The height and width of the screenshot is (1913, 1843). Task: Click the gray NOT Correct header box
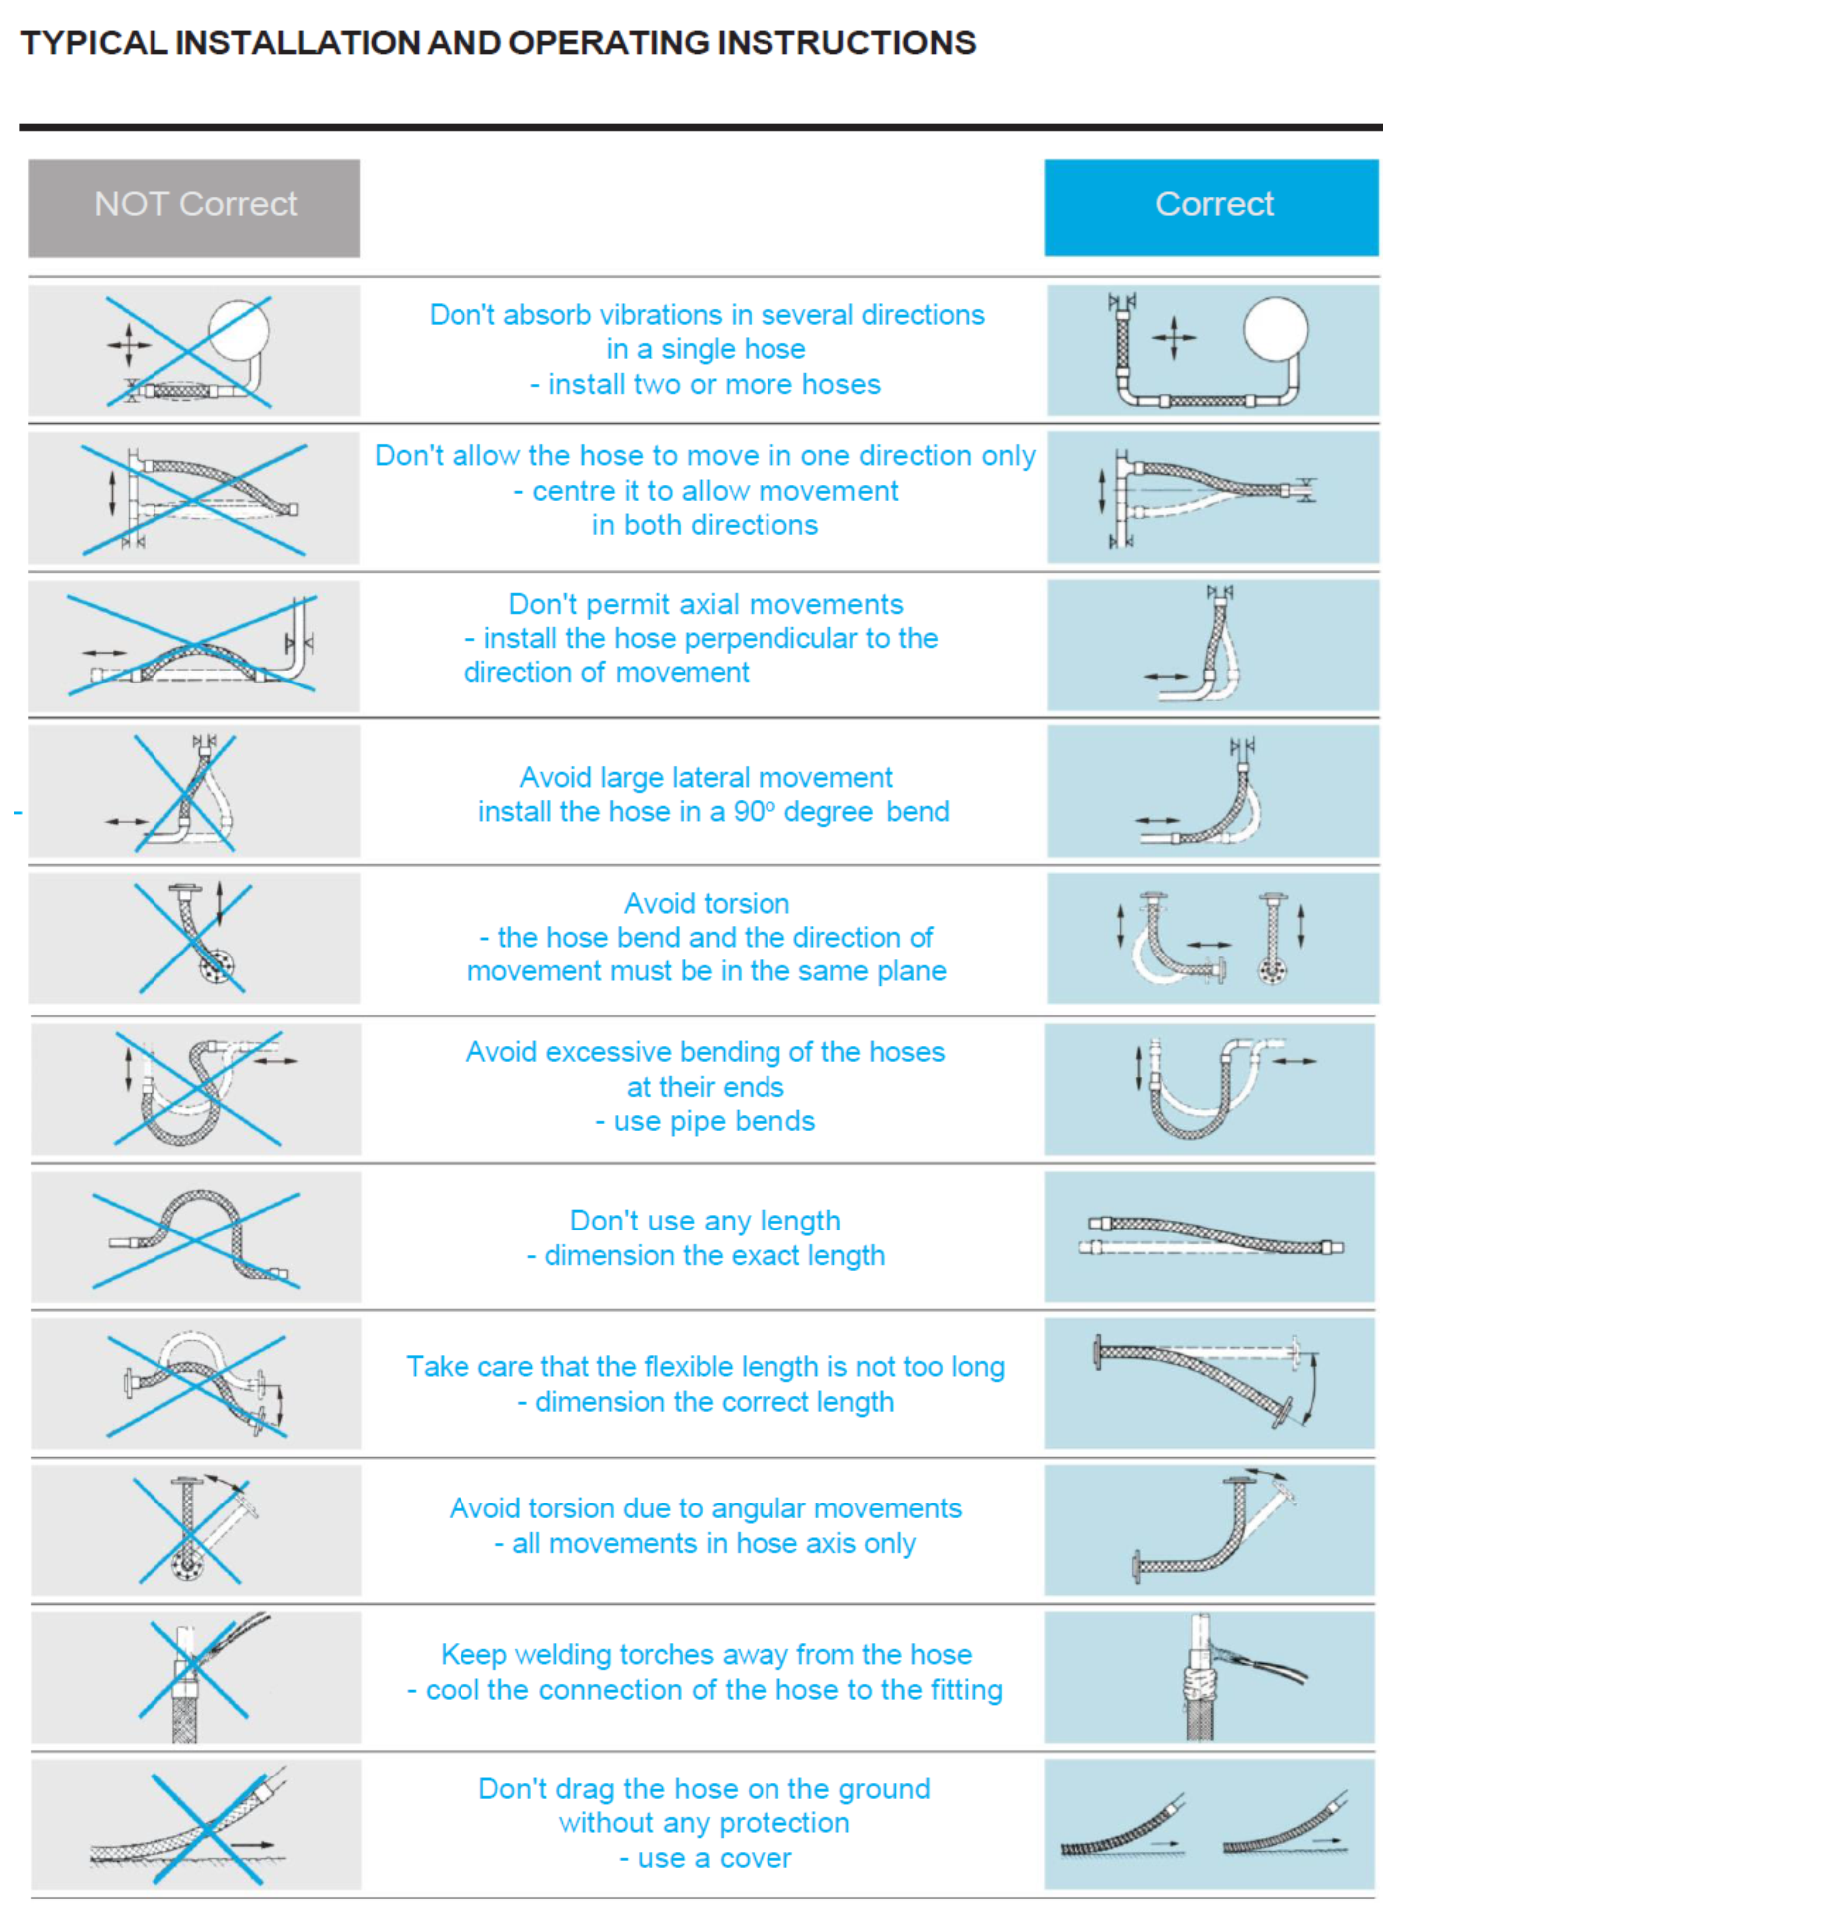tap(193, 207)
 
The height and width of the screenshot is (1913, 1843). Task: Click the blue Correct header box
tap(1210, 207)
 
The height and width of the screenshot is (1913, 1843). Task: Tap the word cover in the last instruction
tap(755, 1858)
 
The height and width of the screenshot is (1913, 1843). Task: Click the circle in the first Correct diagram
tap(1275, 329)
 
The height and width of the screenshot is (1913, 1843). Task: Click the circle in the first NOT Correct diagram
tap(238, 330)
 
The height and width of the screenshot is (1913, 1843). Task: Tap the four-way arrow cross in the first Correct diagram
tap(1173, 337)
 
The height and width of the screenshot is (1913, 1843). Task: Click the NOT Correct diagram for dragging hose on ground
tap(195, 1823)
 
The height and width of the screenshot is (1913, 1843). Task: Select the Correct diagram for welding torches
tap(1208, 1677)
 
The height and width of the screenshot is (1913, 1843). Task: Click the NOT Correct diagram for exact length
tap(195, 1236)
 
